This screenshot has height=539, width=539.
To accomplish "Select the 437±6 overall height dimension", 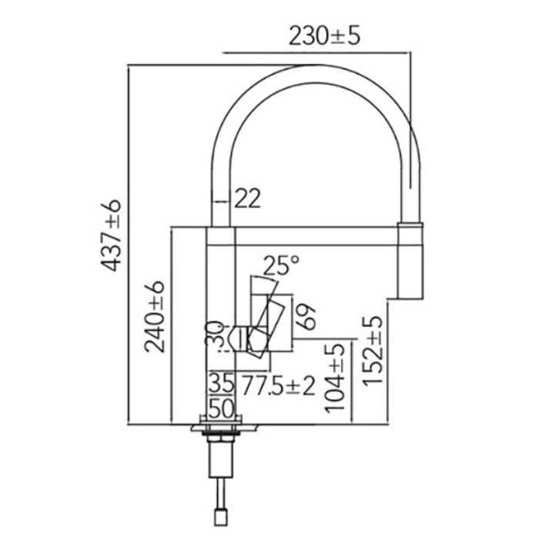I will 112,235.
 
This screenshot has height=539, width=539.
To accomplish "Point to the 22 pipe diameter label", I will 247,199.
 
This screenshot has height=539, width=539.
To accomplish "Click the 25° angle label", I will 280,266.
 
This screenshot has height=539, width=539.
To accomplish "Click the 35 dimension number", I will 221,383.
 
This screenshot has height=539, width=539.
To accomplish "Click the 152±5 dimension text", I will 374,350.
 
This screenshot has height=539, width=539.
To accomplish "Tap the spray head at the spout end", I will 410,262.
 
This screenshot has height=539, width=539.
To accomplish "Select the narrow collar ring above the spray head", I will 410,223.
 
